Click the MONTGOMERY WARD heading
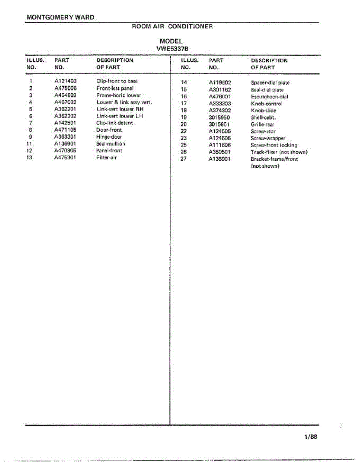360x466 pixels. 61,17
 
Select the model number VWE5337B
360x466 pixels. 172,49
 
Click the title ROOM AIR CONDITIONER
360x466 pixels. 172,27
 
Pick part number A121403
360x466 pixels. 65,81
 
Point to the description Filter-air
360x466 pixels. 106,158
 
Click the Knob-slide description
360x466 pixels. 263,111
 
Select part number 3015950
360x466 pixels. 219,118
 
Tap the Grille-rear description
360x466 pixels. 263,125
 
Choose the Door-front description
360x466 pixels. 109,130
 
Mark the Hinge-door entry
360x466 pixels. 109,137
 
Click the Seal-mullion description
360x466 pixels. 111,144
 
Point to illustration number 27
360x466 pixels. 184,159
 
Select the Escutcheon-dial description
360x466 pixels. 270,97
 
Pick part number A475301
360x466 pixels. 65,158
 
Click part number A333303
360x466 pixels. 220,104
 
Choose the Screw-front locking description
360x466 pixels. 274,145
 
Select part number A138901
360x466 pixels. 220,159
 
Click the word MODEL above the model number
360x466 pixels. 171,41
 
